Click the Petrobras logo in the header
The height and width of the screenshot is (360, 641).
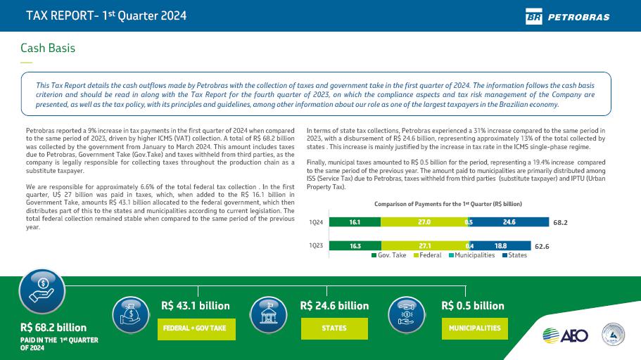(567, 16)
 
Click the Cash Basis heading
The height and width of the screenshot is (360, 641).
(48, 48)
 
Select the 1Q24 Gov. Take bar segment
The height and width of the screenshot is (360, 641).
(355, 221)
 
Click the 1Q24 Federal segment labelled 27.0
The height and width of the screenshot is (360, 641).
(424, 221)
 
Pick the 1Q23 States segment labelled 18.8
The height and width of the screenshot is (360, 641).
(501, 246)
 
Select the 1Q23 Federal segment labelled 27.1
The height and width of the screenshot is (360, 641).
(424, 246)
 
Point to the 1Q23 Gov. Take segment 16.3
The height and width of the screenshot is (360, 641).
(355, 246)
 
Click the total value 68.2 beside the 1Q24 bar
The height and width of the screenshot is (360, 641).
(560, 222)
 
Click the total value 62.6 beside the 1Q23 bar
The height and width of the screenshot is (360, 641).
(542, 247)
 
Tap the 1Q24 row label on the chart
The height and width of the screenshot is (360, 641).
(316, 222)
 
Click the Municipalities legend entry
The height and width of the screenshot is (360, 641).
(471, 255)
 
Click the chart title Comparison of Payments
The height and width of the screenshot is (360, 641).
(448, 203)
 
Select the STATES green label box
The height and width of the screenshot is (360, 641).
(334, 328)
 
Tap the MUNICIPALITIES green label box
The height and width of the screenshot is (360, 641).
(475, 328)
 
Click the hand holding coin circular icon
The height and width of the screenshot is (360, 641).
(42, 291)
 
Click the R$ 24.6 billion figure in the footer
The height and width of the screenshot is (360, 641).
(334, 306)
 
